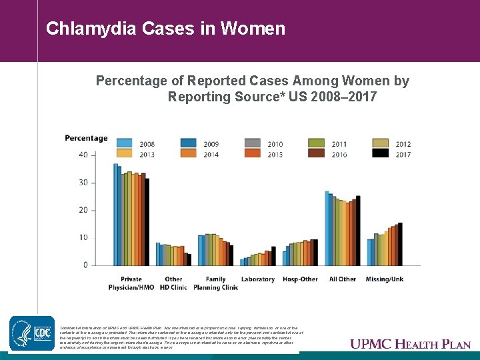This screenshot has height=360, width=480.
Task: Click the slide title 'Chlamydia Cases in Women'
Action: tap(165, 29)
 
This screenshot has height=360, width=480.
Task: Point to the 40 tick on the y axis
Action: tap(83, 155)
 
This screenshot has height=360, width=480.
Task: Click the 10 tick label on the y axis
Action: tap(83, 238)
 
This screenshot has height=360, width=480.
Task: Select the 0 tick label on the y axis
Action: tap(85, 265)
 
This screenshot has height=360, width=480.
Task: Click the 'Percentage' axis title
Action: tap(86, 138)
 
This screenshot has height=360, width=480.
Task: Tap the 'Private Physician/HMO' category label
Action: tap(131, 283)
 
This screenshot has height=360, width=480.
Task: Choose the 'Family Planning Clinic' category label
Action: tap(215, 283)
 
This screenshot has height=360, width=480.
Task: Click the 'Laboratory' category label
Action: tap(258, 279)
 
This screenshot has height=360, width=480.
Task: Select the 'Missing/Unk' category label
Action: tap(385, 279)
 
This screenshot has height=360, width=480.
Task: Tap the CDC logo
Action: tap(31, 333)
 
